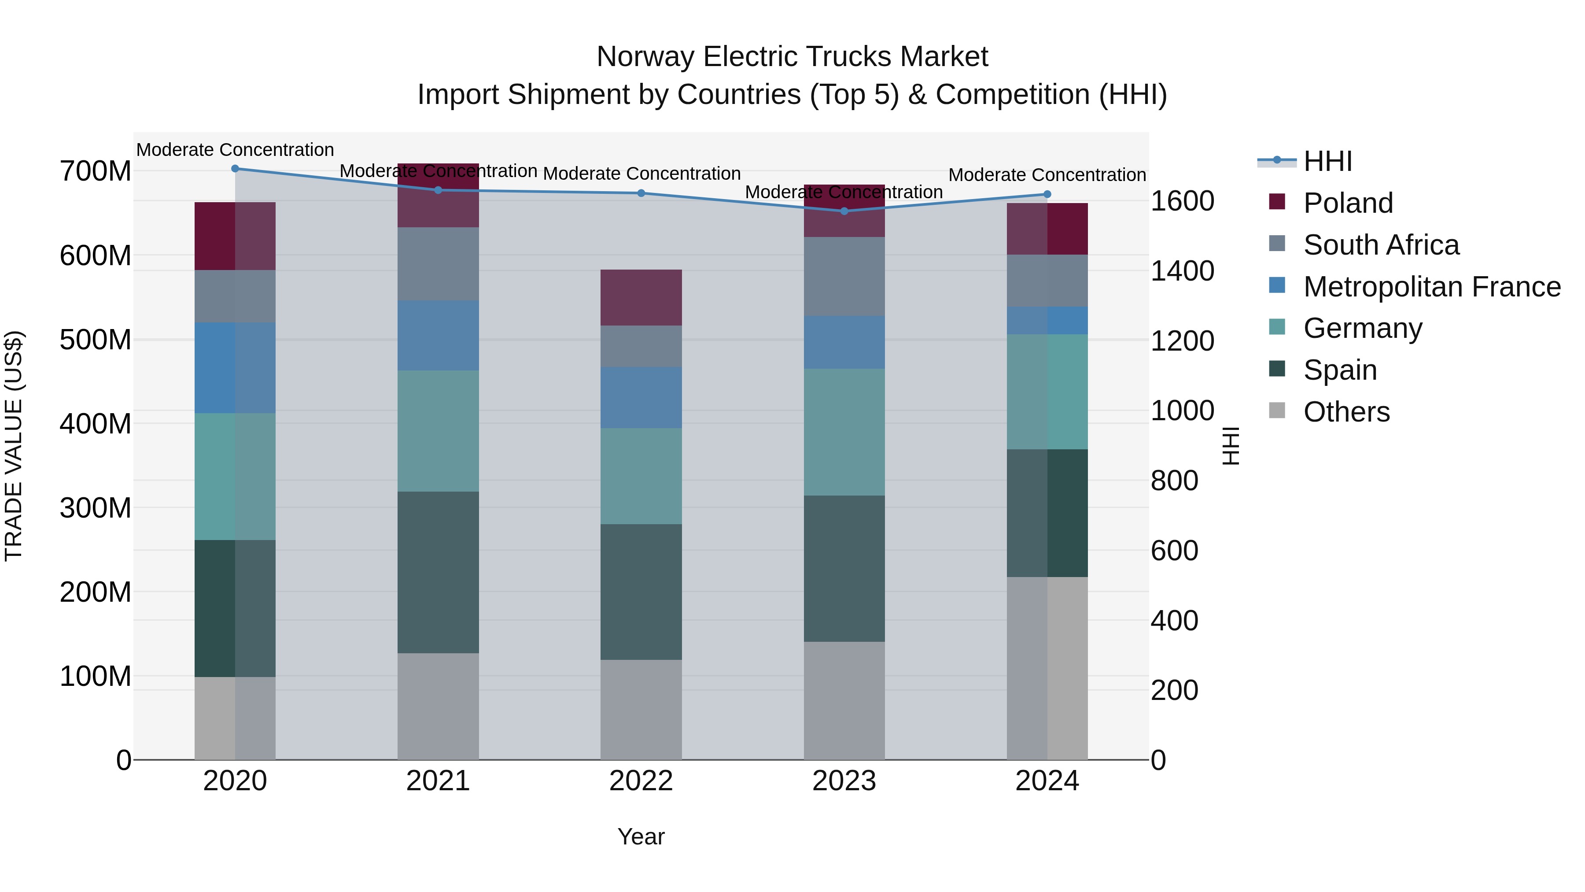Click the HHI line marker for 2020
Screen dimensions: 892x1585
pos(235,168)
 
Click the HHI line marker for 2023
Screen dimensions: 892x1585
pos(844,211)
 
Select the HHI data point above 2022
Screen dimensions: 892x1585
pos(641,193)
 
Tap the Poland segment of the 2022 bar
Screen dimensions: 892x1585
pos(641,297)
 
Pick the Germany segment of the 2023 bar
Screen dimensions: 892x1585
pos(844,432)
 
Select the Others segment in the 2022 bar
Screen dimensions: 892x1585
pos(641,709)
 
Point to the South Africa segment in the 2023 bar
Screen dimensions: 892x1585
pos(844,276)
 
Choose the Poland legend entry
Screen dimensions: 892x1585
pos(1348,203)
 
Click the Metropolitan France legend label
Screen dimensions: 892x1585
pos(1432,286)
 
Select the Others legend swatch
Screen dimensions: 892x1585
pos(1277,411)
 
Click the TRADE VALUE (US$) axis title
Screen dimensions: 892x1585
pos(14,446)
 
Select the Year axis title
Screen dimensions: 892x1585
pos(641,836)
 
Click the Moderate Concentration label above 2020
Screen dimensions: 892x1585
pos(235,150)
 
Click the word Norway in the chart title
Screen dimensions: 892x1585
pos(645,57)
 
